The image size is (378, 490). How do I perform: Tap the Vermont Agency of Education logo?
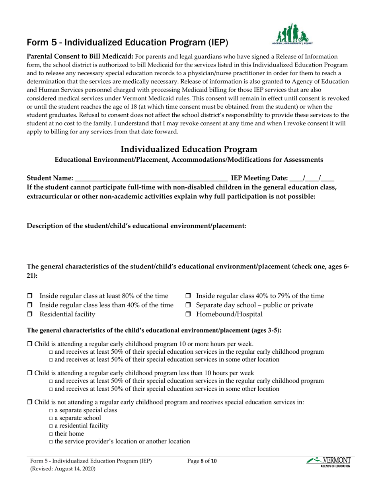click(328, 462)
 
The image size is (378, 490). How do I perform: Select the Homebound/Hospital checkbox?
click(189, 314)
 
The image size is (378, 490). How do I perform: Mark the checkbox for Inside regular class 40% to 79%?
click(189, 296)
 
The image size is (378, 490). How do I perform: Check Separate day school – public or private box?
click(189, 305)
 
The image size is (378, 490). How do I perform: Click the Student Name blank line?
click(151, 178)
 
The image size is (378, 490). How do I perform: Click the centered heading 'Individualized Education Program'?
click(189, 149)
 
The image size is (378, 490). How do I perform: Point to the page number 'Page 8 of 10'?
click(203, 462)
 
